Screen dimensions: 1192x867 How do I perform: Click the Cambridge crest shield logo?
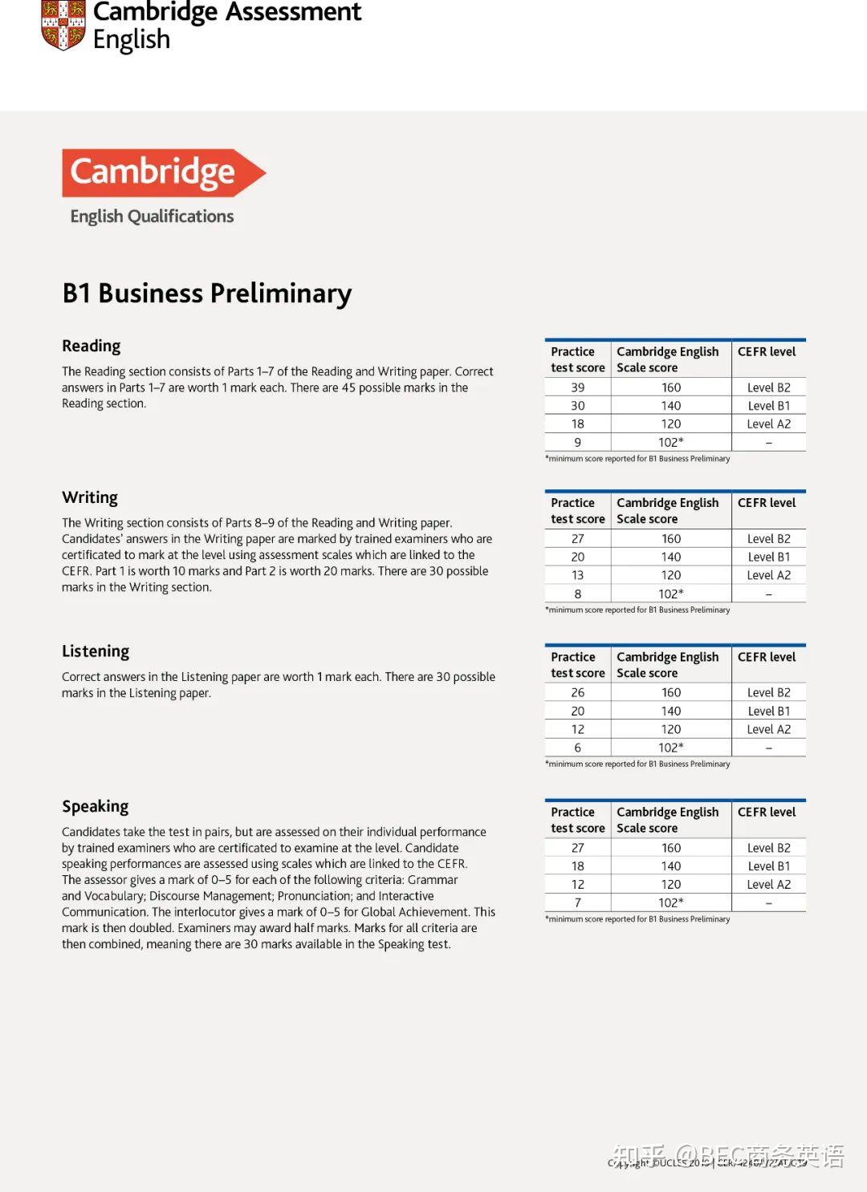click(63, 24)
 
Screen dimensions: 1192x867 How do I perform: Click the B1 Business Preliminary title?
click(207, 294)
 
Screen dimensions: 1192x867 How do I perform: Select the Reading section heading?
click(92, 346)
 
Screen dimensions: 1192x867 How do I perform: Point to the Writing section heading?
click(90, 497)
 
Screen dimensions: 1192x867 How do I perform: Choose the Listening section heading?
click(96, 651)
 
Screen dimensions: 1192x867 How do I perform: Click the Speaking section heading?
click(96, 806)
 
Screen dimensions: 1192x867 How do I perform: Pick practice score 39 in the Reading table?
click(577, 387)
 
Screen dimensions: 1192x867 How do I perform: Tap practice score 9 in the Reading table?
click(577, 442)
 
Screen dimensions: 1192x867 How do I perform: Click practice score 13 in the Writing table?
click(577, 575)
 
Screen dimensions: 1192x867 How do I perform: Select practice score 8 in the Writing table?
click(577, 594)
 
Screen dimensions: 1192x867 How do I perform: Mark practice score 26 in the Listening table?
click(577, 692)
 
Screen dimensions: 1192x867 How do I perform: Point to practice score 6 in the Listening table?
click(577, 748)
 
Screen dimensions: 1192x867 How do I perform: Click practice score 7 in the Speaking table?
click(577, 902)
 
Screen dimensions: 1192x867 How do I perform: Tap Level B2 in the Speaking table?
click(768, 848)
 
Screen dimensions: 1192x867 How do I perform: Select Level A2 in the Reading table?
click(768, 424)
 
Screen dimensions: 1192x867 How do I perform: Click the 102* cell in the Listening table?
click(671, 748)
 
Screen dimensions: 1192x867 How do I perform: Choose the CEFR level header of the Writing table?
click(767, 503)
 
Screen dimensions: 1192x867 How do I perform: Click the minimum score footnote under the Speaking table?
click(637, 919)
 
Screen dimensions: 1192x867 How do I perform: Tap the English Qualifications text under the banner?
click(152, 217)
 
